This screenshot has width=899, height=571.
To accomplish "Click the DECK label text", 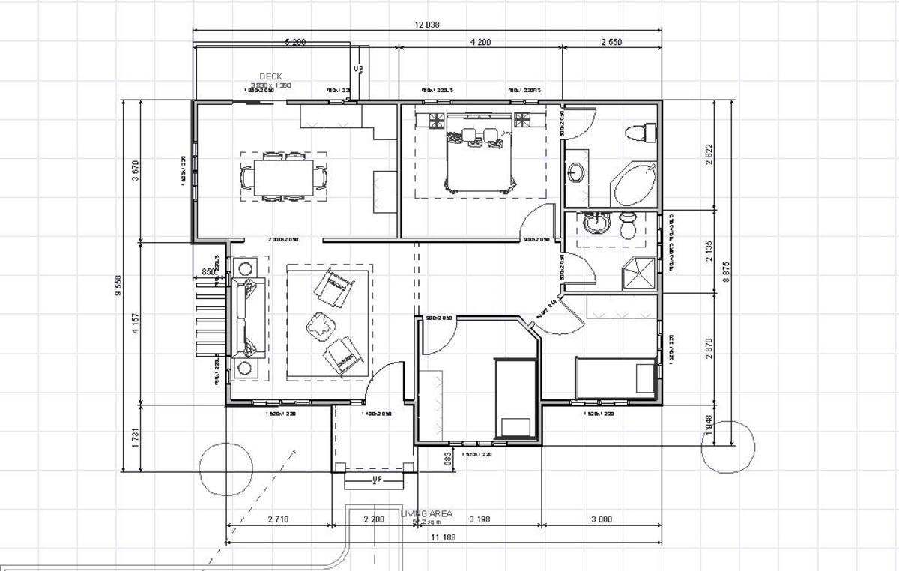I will (x=270, y=76).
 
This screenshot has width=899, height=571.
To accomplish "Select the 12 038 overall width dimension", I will (x=427, y=25).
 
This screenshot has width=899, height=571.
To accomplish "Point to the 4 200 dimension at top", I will (x=480, y=43).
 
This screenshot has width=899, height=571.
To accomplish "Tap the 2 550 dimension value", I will (x=611, y=43).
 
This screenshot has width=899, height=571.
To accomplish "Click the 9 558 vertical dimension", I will (x=118, y=285).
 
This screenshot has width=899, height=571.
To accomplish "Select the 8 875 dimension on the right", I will (x=726, y=271).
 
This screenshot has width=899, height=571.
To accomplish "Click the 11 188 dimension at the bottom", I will (x=444, y=537).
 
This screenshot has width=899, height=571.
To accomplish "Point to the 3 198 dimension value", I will (x=479, y=519).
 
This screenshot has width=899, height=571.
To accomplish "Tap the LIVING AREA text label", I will (x=426, y=514).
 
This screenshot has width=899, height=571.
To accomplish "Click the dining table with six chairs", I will (x=283, y=177).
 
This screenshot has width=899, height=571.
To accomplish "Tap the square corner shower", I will (x=641, y=274).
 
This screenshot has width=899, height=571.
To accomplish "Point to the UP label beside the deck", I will (x=358, y=70).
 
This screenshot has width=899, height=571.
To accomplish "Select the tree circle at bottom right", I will (x=727, y=447).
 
